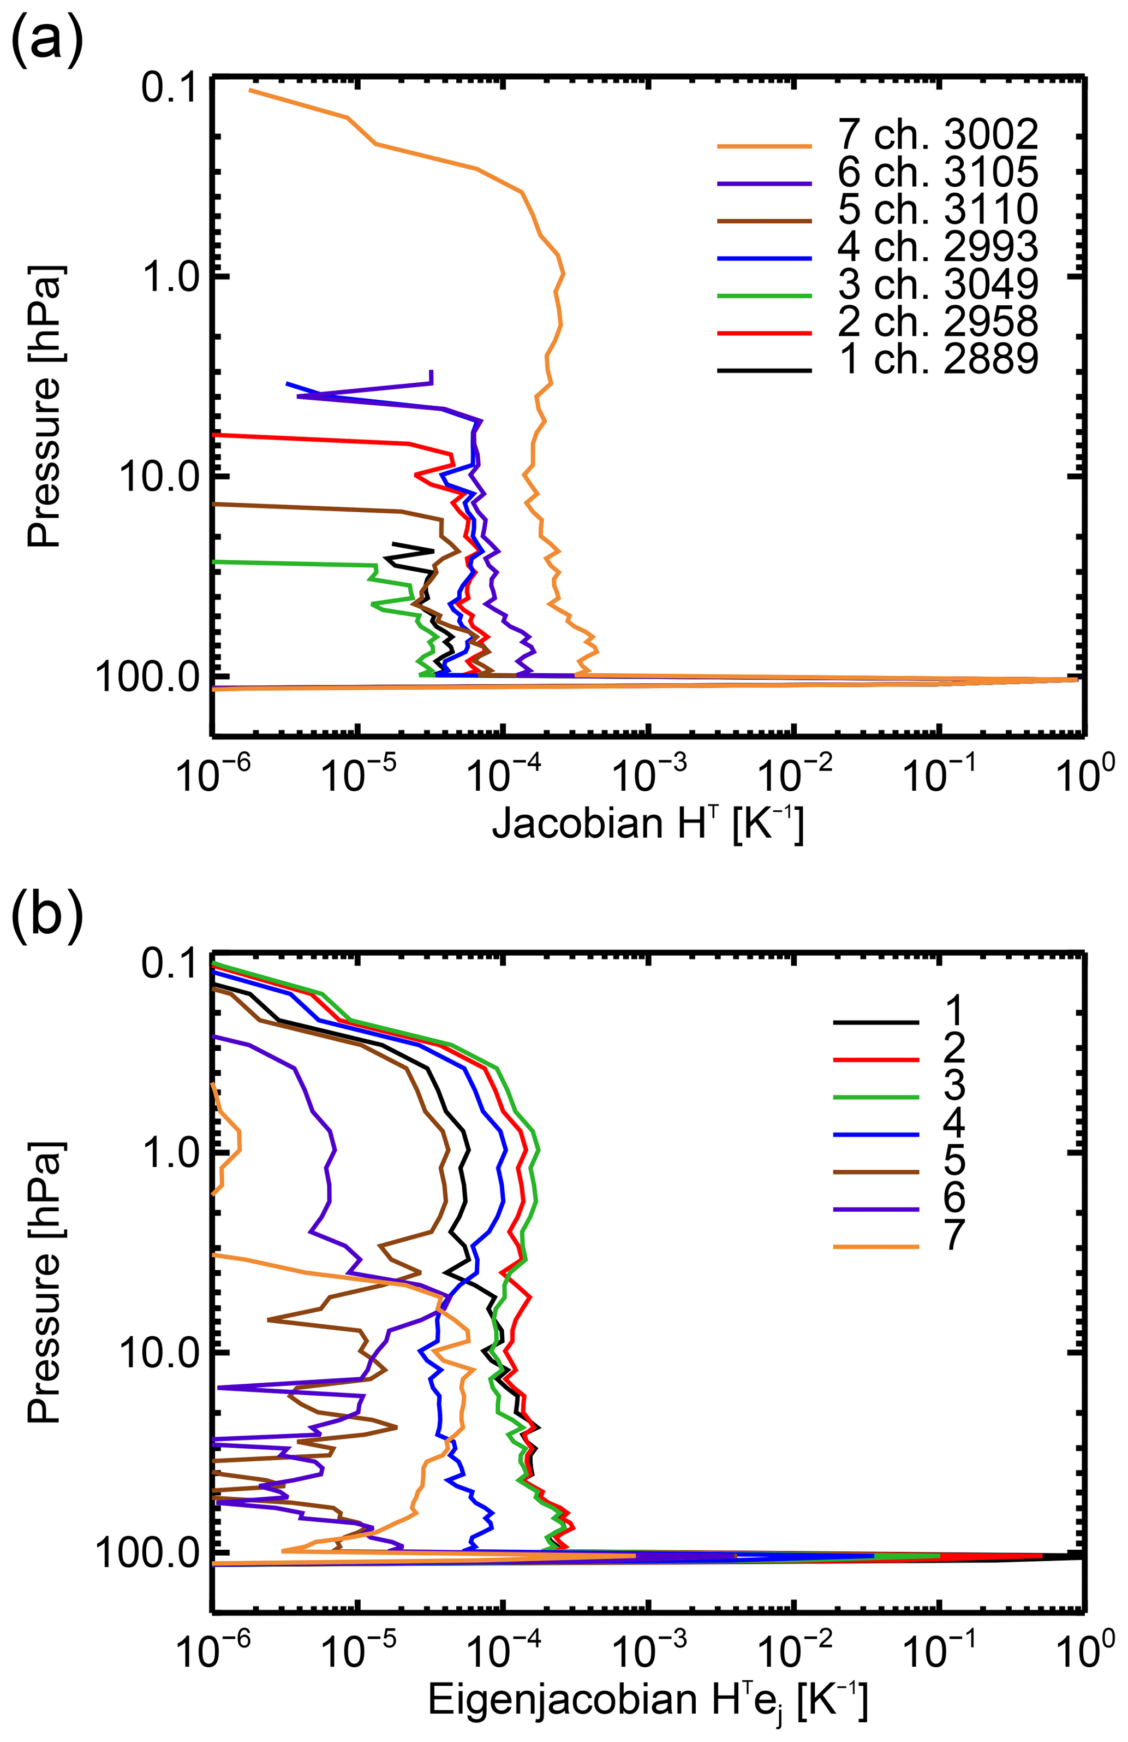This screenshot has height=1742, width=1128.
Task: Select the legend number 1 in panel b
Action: (x=954, y=1011)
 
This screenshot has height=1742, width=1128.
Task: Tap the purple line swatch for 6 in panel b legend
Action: (x=876, y=1208)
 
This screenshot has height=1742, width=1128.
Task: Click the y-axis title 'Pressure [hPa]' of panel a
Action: (x=45, y=406)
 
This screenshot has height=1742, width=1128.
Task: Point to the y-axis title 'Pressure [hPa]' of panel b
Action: (x=45, y=1281)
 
